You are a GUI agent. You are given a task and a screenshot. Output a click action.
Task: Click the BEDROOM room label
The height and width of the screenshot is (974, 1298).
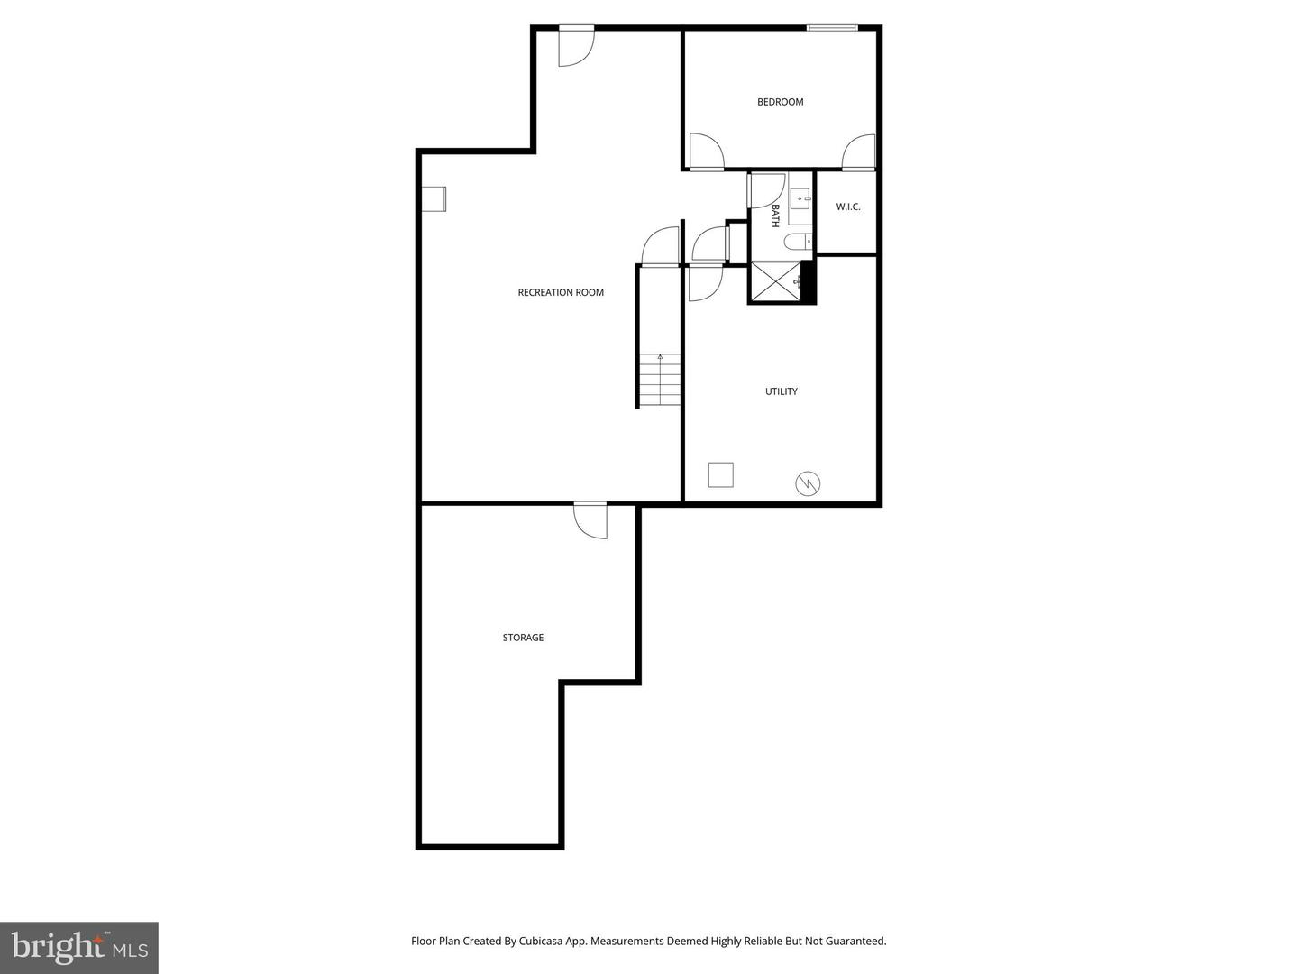pos(780,102)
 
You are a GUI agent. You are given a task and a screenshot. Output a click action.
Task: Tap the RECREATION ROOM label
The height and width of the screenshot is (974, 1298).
pos(561,292)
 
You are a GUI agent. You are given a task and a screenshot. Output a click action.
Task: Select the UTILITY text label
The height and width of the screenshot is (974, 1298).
pos(781,391)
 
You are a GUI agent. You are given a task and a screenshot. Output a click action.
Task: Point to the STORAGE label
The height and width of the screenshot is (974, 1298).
pos(523,638)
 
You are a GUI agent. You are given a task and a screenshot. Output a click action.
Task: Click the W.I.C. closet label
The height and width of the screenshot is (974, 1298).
pos(847,207)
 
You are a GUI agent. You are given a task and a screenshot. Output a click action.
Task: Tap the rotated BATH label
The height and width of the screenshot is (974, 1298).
pos(775,216)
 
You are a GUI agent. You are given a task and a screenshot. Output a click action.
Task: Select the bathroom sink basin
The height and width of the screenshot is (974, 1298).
pos(800,198)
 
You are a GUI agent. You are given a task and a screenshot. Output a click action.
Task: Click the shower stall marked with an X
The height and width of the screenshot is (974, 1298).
pos(775,281)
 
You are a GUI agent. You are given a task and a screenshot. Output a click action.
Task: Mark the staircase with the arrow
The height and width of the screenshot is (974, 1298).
pos(660,380)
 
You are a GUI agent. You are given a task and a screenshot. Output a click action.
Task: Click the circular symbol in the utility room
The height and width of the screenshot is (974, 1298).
pos(808,484)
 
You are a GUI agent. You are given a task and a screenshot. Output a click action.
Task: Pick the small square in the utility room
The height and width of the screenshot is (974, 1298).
pos(720,474)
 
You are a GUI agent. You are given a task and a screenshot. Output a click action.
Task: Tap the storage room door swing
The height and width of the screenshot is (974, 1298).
pos(592,520)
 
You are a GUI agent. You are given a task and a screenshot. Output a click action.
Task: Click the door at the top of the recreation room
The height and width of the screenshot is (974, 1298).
pos(575,46)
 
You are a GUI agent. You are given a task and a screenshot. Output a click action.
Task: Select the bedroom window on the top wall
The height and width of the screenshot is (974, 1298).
pos(831,28)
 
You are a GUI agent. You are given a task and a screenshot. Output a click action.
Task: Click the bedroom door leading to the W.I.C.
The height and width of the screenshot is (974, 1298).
pos(859,152)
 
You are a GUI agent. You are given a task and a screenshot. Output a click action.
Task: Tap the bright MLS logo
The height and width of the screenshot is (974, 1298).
pos(79,947)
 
